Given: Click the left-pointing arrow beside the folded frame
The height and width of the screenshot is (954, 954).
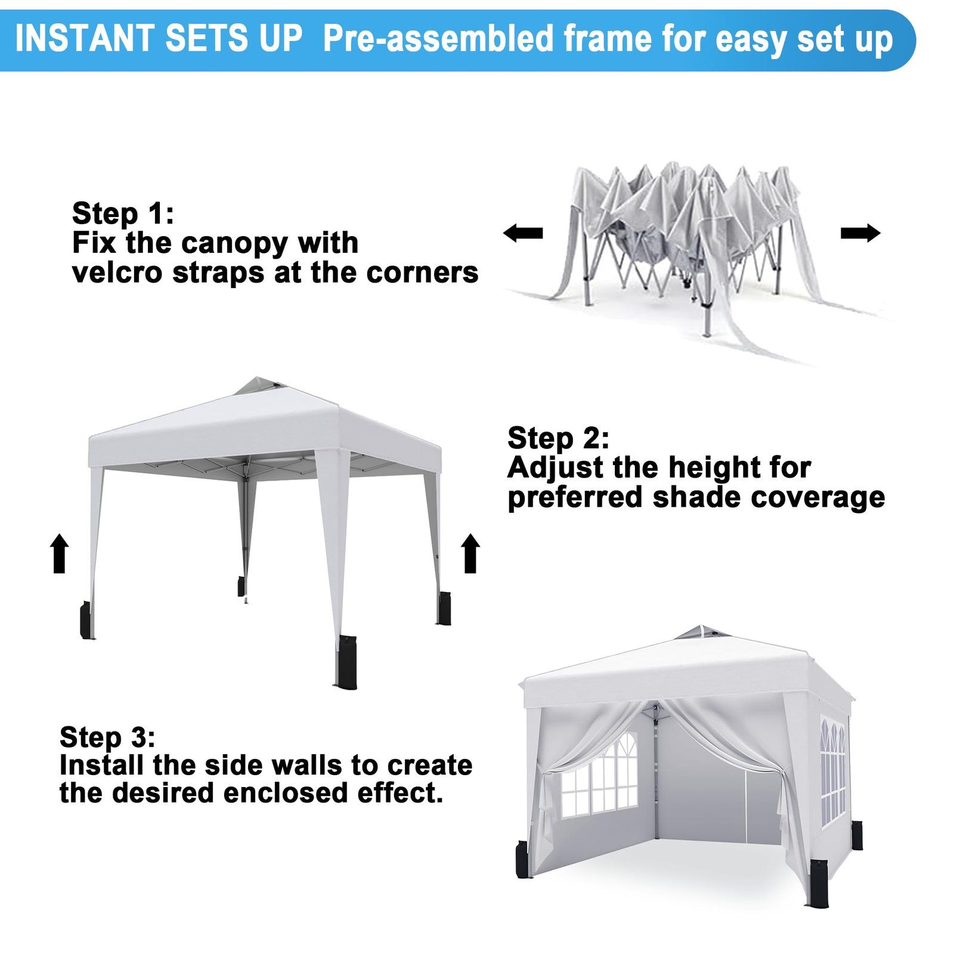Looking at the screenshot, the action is click(x=523, y=233).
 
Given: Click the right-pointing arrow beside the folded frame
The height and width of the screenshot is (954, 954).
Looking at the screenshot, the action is click(x=860, y=233).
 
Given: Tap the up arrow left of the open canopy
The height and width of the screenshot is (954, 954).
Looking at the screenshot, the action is click(x=59, y=553).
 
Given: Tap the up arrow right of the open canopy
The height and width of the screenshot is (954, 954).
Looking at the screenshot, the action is click(x=470, y=553).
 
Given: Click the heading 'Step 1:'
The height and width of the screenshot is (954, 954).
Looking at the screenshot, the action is click(x=123, y=214).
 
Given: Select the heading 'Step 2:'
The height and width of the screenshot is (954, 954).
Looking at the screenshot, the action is click(x=558, y=439).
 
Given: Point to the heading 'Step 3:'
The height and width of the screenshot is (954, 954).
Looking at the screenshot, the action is click(x=107, y=738).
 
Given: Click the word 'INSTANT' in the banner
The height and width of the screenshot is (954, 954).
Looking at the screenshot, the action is click(x=84, y=39).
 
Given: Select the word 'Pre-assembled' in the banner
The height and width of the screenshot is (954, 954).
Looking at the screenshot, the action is click(x=438, y=39).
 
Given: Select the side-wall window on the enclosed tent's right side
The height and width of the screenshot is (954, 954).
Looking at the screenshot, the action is click(x=833, y=772).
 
